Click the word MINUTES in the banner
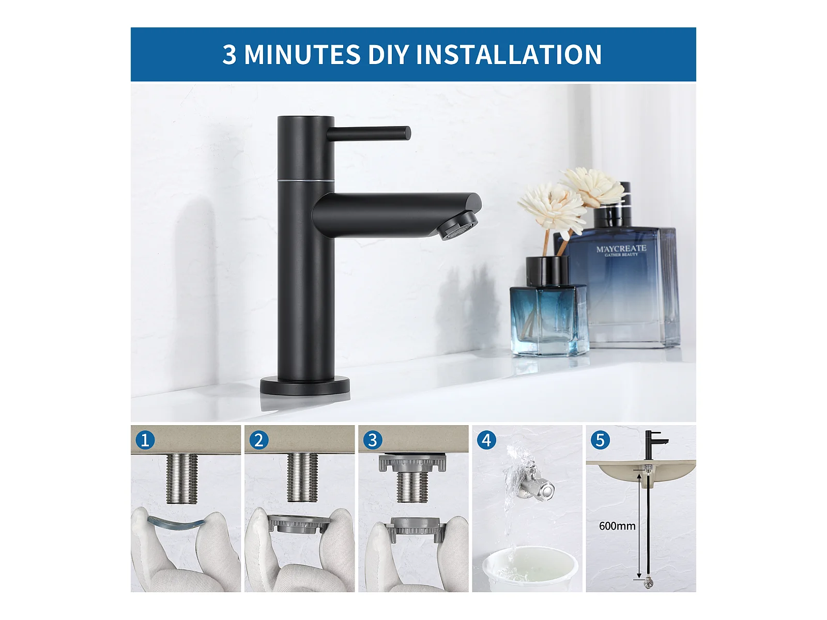coord(302,54)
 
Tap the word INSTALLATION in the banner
coord(509,54)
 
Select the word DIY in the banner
coord(388,54)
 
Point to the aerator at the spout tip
coord(459,225)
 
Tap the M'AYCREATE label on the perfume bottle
coord(621,249)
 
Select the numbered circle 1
coord(145,440)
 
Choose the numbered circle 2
coord(259,440)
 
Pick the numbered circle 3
coord(373,440)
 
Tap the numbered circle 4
coord(486,440)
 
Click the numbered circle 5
coord(600,440)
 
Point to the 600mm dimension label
coord(617,526)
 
